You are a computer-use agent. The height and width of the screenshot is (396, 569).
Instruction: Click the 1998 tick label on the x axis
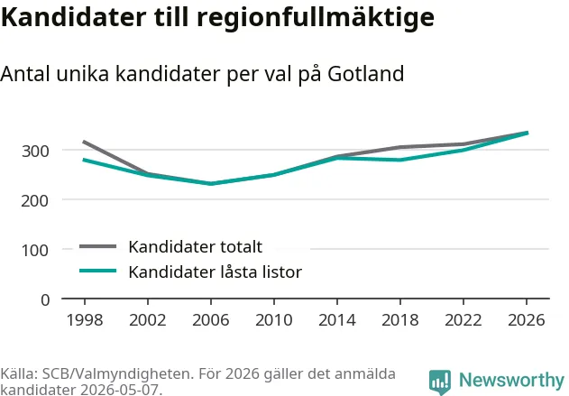point(85,320)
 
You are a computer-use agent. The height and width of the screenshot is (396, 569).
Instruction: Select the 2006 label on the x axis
point(211,320)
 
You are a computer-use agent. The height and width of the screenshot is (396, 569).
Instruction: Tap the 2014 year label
point(337,320)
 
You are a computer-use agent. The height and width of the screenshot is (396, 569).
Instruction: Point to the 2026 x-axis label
point(527,320)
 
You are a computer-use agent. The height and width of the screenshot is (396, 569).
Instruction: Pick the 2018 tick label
point(400,320)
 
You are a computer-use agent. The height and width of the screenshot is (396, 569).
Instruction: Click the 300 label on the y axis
point(35,151)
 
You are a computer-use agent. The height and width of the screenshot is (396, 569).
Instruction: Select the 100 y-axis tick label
point(35,251)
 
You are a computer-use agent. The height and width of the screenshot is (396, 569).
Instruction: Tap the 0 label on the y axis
point(45,300)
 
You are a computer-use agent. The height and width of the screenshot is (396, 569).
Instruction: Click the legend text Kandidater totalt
point(196,247)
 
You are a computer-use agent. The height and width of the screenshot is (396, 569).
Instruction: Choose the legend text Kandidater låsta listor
point(216,272)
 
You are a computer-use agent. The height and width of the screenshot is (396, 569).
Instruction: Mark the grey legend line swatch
point(98,246)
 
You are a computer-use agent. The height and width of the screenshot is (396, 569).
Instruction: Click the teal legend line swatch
point(98,271)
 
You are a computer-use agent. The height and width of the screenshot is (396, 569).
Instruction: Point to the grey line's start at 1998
point(84,142)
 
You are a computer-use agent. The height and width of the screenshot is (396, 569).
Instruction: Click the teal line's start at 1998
point(84,160)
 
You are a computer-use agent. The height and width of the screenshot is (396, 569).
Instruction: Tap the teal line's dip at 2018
point(400,160)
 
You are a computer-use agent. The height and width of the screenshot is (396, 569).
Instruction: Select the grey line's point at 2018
point(400,147)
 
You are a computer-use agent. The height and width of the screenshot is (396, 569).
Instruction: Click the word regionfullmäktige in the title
point(316,17)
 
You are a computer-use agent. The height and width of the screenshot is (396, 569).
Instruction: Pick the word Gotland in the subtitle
point(366,74)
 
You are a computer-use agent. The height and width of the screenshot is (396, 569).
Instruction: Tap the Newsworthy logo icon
point(440,382)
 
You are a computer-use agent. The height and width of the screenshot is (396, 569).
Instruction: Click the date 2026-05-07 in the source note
point(119,390)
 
